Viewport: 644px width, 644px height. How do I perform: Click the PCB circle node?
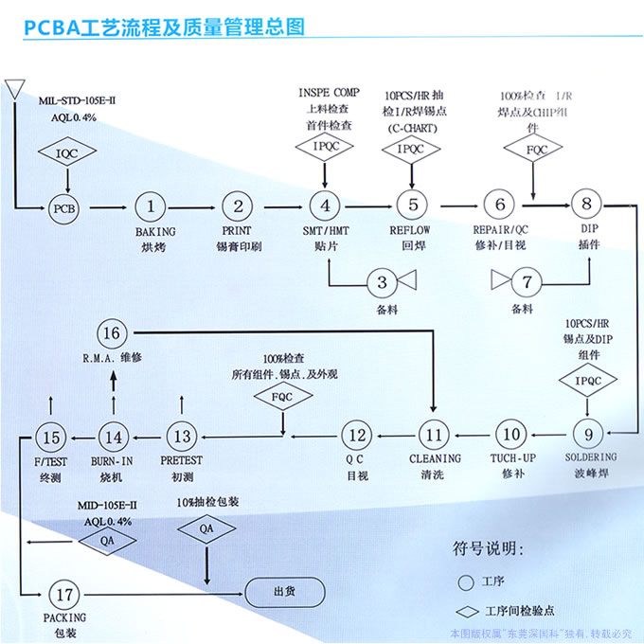[x=63, y=206]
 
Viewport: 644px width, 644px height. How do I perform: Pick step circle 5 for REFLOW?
[x=412, y=206]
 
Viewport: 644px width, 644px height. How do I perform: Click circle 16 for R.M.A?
[x=111, y=332]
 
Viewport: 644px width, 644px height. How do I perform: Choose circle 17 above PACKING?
[x=63, y=596]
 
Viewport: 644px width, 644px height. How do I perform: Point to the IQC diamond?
[x=63, y=152]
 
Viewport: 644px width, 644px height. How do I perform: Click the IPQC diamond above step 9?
[x=587, y=381]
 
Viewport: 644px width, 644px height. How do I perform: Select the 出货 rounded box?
[x=284, y=592]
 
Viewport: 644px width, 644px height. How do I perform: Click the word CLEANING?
[x=435, y=458]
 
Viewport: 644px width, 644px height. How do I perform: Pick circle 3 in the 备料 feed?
[x=382, y=281]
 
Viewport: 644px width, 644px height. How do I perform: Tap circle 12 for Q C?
[x=356, y=436]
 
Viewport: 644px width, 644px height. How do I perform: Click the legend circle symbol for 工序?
[x=465, y=581]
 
